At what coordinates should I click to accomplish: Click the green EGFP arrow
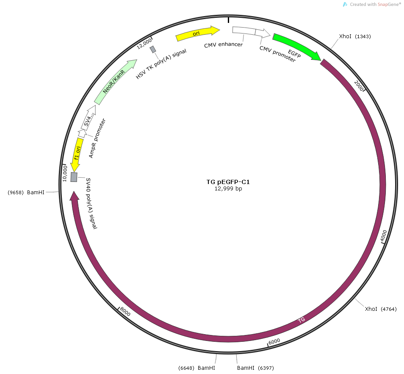point(296,46)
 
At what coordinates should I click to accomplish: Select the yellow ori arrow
point(197,33)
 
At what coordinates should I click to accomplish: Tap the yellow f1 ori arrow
point(77,155)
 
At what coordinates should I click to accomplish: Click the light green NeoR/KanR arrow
point(115,81)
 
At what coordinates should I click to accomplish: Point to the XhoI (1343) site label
point(355,36)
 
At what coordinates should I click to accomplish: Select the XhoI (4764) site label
point(381,309)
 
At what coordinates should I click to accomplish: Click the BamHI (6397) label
point(255,368)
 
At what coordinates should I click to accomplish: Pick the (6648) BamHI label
point(196,368)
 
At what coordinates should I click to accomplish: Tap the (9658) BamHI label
point(26,193)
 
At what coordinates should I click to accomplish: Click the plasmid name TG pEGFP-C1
point(228,182)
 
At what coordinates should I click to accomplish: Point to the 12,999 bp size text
point(228,189)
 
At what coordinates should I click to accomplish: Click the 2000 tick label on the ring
point(358,85)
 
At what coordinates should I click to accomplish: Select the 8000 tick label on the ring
point(125,312)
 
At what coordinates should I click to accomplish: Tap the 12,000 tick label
point(144,44)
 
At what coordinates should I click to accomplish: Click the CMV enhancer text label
point(223,45)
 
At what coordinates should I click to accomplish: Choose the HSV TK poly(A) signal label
point(161,64)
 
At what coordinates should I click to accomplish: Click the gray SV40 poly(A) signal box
point(74,177)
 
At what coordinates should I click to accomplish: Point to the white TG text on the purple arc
point(302,320)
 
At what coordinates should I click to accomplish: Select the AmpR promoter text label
point(97,138)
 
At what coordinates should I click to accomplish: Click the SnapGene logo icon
point(345,4)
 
